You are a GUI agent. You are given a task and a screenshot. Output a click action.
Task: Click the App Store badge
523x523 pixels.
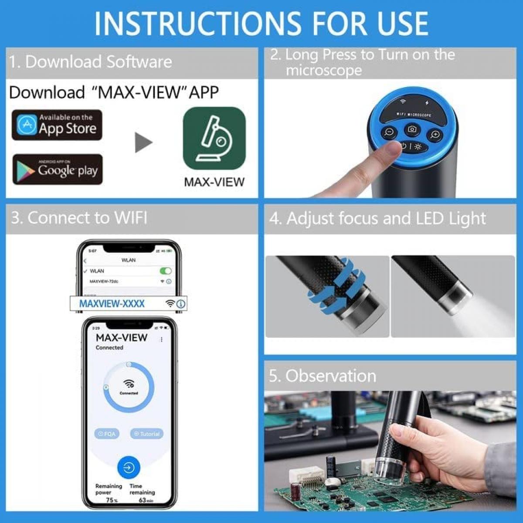click(x=57, y=125)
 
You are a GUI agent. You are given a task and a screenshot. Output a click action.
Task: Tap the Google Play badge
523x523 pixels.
click(x=58, y=170)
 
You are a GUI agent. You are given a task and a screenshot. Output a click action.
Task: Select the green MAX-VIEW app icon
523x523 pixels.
click(x=214, y=138)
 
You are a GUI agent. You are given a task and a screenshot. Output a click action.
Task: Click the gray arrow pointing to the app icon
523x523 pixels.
click(x=144, y=143)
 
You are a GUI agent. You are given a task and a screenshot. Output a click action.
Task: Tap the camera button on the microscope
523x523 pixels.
click(x=412, y=129)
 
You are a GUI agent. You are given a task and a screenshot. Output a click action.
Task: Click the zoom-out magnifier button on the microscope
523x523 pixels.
click(x=389, y=132)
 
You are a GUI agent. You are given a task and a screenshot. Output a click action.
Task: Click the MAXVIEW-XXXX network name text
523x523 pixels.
click(x=112, y=304)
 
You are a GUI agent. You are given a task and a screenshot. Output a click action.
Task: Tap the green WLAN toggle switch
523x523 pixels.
click(x=166, y=271)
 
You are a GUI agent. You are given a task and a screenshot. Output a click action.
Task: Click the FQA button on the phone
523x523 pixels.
click(x=107, y=434)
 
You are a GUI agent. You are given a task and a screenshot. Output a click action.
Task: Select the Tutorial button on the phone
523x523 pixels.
click(x=147, y=434)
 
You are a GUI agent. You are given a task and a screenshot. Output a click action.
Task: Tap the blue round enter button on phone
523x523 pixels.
click(x=129, y=468)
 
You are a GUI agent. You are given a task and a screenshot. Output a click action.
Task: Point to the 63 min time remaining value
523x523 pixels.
click(x=146, y=500)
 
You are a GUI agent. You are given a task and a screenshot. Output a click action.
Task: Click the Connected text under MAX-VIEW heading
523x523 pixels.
click(x=109, y=348)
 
